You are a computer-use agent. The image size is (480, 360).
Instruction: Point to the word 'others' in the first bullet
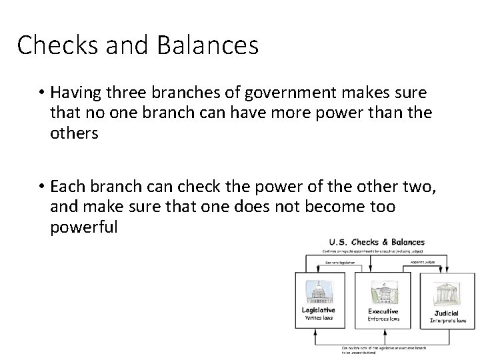tap(74, 133)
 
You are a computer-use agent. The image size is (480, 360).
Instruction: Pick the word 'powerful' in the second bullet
tap(84, 227)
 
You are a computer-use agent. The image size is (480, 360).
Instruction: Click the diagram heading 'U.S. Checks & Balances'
tap(377, 241)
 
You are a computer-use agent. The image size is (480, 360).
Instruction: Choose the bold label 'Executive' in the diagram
tap(383, 311)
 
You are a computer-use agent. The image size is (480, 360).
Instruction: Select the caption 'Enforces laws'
tap(383, 320)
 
